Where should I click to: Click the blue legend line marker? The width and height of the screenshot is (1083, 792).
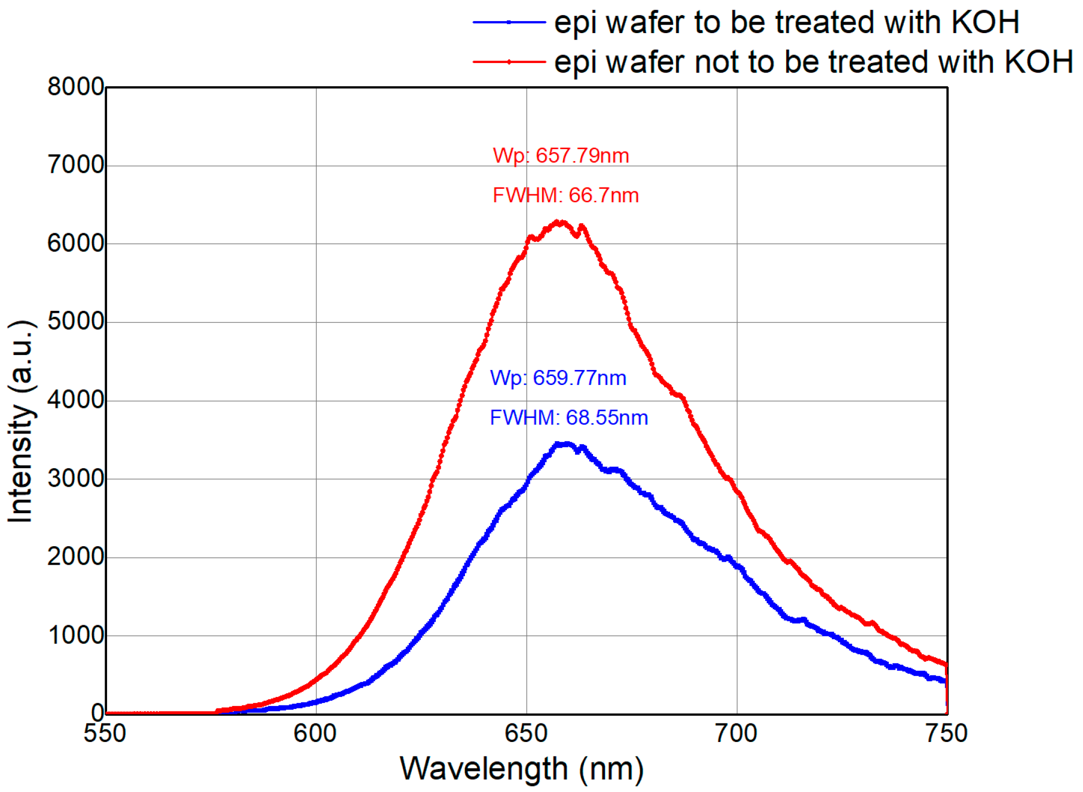(508, 22)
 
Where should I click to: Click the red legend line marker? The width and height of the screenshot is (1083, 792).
(508, 62)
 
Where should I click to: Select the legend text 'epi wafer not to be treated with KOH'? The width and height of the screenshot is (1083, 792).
(813, 62)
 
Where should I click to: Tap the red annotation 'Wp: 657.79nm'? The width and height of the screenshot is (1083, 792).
(561, 156)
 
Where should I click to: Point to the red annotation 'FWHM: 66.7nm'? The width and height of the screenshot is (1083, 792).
(566, 195)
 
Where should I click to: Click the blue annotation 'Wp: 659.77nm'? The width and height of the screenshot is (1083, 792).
(558, 378)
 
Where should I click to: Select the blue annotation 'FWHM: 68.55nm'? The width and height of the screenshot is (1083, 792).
(569, 418)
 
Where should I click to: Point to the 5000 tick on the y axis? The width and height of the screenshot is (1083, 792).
(75, 321)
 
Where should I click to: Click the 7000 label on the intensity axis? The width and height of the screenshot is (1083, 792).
(75, 165)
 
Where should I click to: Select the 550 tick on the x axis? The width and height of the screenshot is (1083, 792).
(105, 733)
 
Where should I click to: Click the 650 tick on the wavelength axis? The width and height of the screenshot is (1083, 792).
(526, 733)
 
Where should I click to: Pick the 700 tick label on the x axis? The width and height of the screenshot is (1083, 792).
(736, 733)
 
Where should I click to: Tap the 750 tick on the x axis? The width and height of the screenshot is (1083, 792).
(946, 733)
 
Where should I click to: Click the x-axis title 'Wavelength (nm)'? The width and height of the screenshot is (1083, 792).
(521, 769)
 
